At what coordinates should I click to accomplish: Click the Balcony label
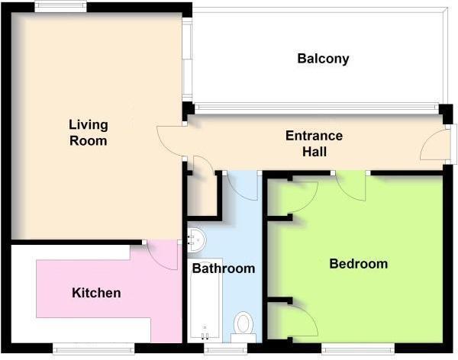coord(323,59)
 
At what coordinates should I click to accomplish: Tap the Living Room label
coord(89,133)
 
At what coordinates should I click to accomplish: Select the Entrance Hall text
coord(314,143)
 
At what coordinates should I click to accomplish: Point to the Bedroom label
coord(359,264)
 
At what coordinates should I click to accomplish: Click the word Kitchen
coord(96,293)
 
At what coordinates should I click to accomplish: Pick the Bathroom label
coord(224,268)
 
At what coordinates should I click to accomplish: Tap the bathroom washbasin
coord(196,240)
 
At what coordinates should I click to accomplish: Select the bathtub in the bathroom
coord(205,301)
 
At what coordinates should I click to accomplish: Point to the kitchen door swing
coord(162,255)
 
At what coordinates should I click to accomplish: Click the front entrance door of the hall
coord(434,145)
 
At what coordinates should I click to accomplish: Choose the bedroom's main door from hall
coord(350,187)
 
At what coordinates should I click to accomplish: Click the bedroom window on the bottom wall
coord(358,349)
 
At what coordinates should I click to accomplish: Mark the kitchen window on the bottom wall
coord(93,349)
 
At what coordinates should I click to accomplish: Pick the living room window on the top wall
coord(60,6)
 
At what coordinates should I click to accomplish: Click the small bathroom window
coord(225,349)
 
